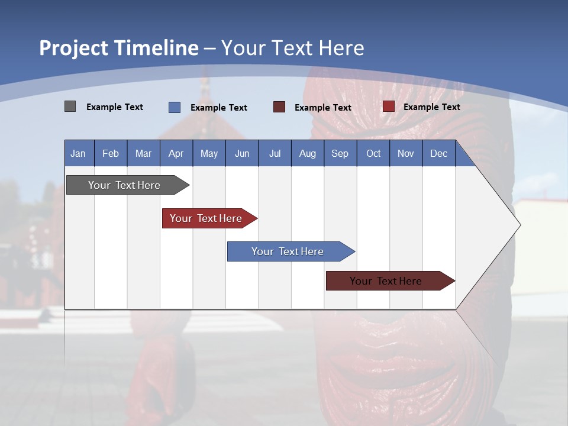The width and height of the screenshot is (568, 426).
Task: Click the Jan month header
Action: pyautogui.click(x=79, y=153)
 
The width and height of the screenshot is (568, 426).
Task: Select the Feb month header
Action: pyautogui.click(x=111, y=153)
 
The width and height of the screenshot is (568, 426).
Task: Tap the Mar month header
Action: pyautogui.click(x=143, y=153)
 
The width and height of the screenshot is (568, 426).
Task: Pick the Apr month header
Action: pyautogui.click(x=176, y=153)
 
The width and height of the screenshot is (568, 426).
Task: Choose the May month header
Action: pyautogui.click(x=209, y=153)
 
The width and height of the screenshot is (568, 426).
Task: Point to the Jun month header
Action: pyautogui.click(x=242, y=153)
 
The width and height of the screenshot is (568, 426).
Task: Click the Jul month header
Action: pyautogui.click(x=275, y=153)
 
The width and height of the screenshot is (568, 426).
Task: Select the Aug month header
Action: pyautogui.click(x=308, y=153)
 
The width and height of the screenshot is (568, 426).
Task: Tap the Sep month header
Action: pyautogui.click(x=340, y=153)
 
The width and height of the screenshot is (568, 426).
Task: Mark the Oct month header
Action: pyautogui.click(x=373, y=153)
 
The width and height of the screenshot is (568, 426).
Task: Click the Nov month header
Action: pyautogui.click(x=406, y=153)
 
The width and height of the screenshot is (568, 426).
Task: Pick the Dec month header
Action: pyautogui.click(x=439, y=153)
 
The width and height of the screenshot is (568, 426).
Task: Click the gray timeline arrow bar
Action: pyautogui.click(x=124, y=185)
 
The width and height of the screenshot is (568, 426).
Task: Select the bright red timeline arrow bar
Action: pyautogui.click(x=206, y=218)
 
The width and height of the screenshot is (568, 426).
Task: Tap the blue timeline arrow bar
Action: pyautogui.click(x=288, y=251)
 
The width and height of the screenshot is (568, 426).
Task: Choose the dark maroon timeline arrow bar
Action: pyautogui.click(x=386, y=281)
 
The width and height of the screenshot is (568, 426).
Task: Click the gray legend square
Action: pyautogui.click(x=70, y=106)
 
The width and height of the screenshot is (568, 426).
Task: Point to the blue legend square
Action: pyautogui.click(x=174, y=107)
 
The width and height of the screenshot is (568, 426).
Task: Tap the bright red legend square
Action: pyautogui.click(x=388, y=106)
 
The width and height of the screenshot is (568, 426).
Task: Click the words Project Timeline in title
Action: pyautogui.click(x=119, y=48)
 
